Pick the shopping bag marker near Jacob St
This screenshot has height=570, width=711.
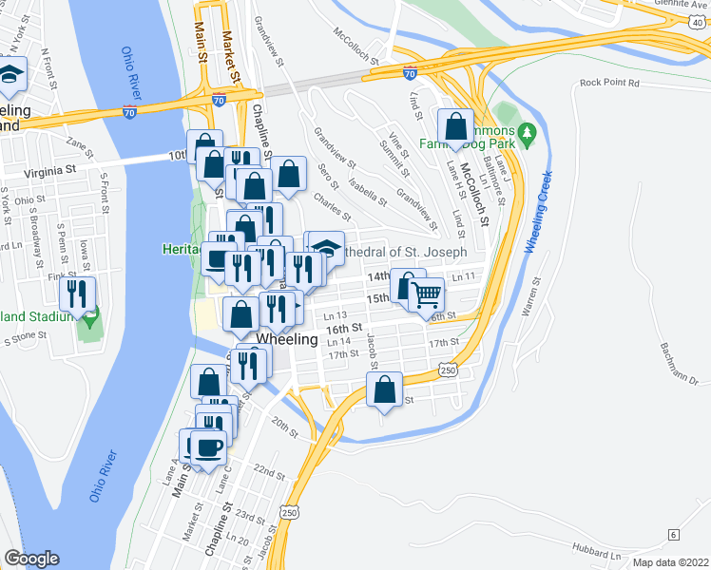[x=383, y=389]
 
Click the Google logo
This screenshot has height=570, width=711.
[x=31, y=559]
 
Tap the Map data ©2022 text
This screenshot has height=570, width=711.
[x=669, y=562]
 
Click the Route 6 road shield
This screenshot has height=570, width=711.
[x=673, y=535]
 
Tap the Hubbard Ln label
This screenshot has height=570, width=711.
[x=596, y=551]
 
